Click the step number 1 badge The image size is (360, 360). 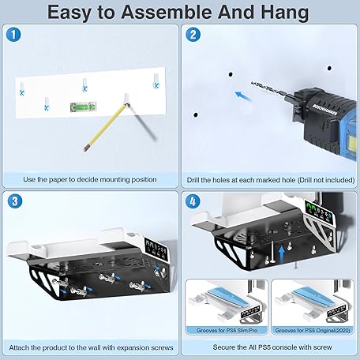(x=13, y=35)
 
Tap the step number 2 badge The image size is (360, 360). (x=193, y=35)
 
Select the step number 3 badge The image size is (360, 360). (x=15, y=201)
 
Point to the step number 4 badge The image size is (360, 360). (x=193, y=201)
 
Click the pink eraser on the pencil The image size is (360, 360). (x=85, y=148)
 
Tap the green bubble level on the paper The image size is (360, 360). (x=83, y=107)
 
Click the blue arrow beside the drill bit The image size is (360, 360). (x=243, y=96)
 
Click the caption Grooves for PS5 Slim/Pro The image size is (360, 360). (x=227, y=330)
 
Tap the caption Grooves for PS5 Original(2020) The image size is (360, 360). (x=313, y=330)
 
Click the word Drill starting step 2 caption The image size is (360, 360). (x=193, y=180)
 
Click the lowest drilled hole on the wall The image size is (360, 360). (x=196, y=115)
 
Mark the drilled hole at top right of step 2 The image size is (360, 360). (x=329, y=68)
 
